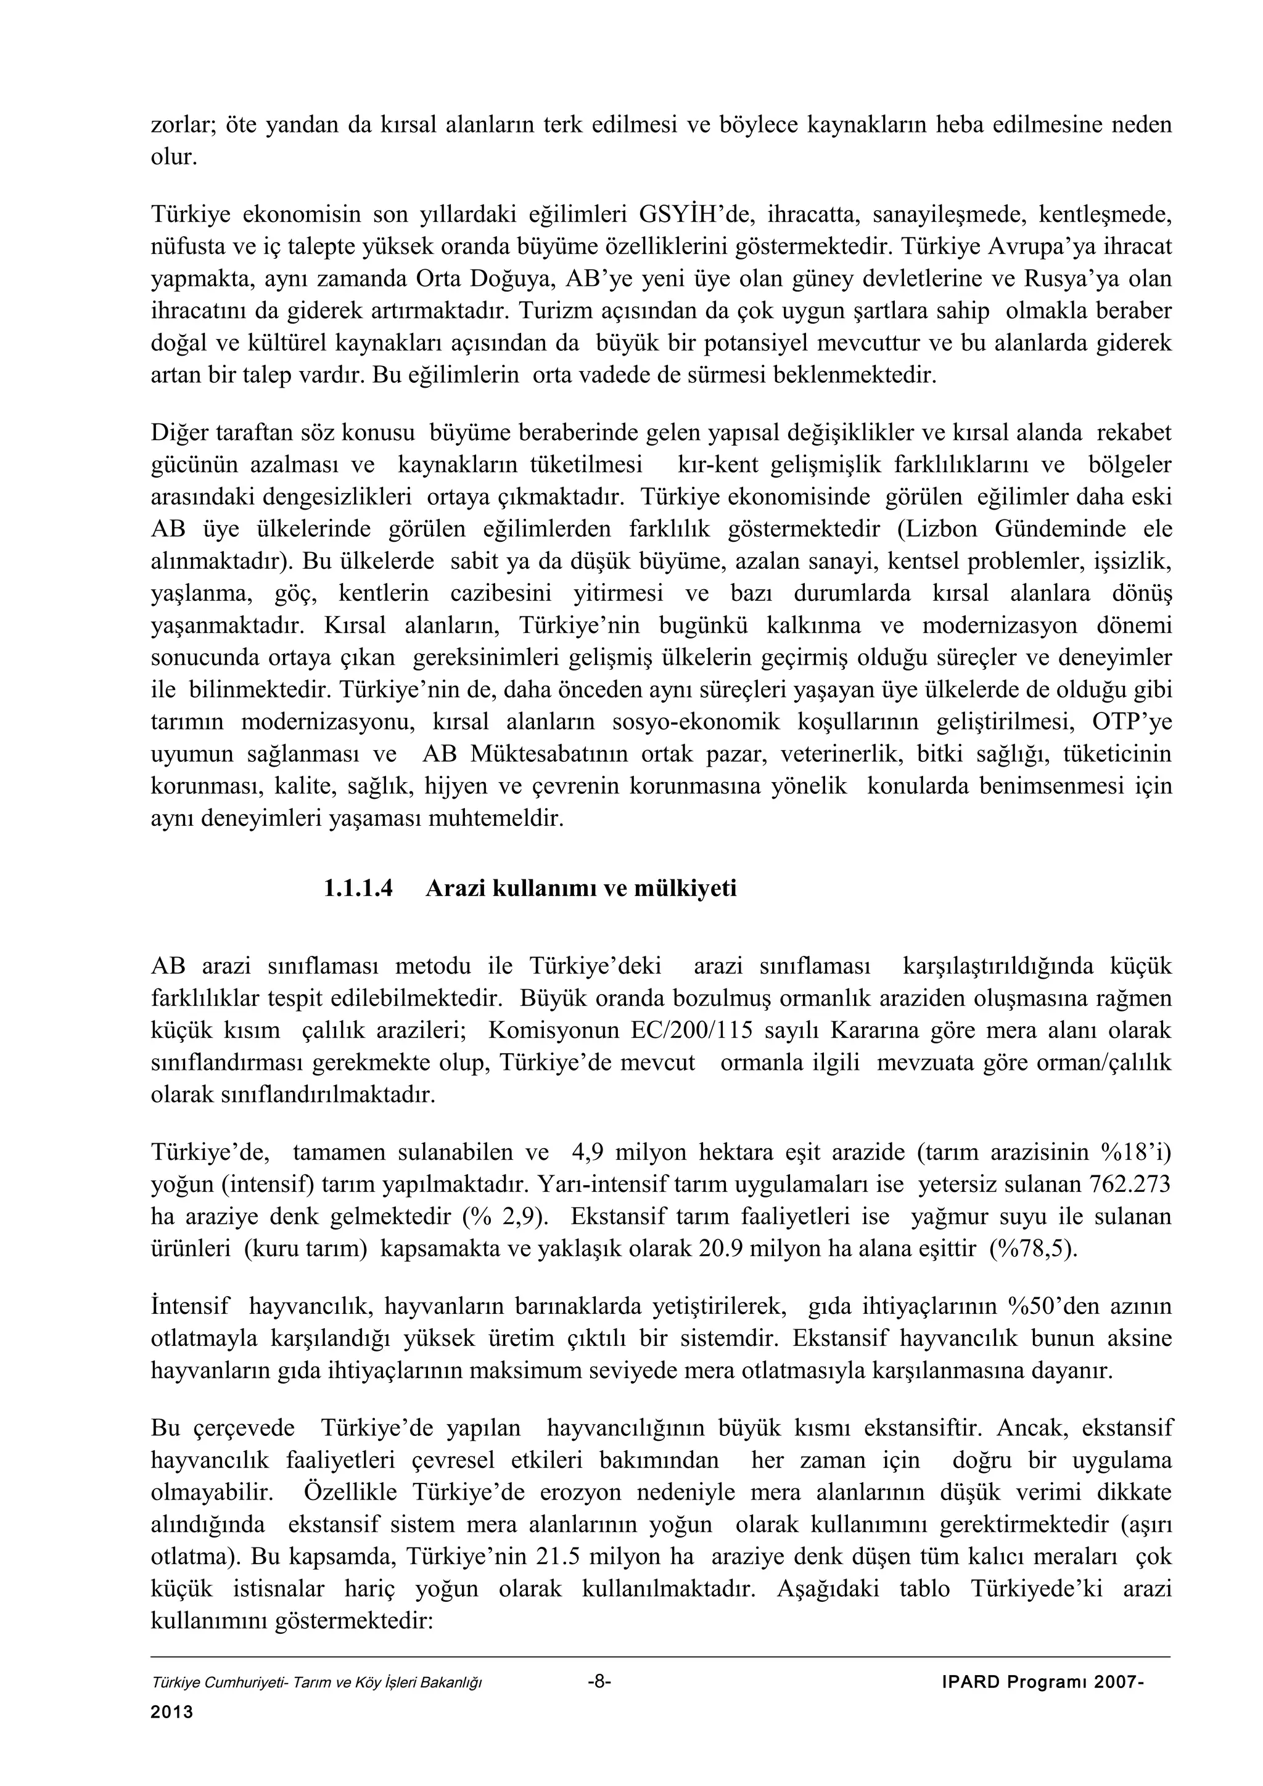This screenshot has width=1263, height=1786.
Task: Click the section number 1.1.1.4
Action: pyautogui.click(x=358, y=888)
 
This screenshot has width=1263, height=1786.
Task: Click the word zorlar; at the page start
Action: pyautogui.click(x=181, y=124)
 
